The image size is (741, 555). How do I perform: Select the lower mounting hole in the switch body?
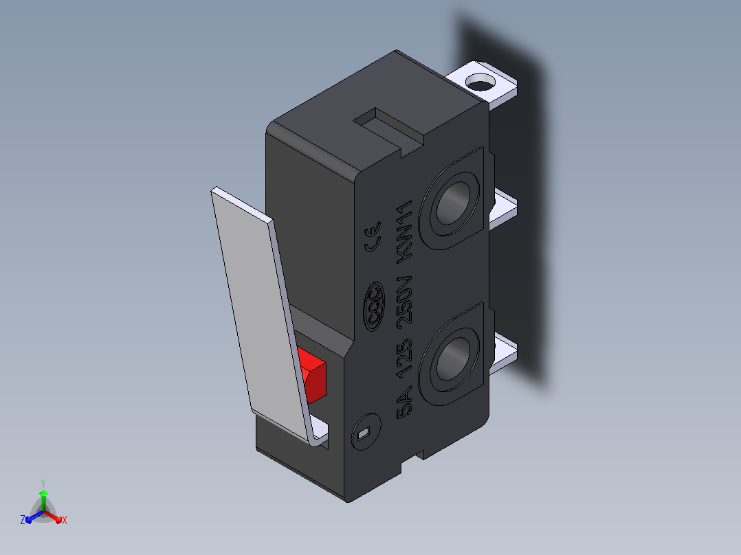tap(453, 359)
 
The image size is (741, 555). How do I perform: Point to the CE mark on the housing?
tap(373, 236)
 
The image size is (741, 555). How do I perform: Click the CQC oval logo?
tap(374, 306)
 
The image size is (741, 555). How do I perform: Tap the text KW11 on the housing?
tap(405, 229)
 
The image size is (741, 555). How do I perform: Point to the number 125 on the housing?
tap(405, 358)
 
